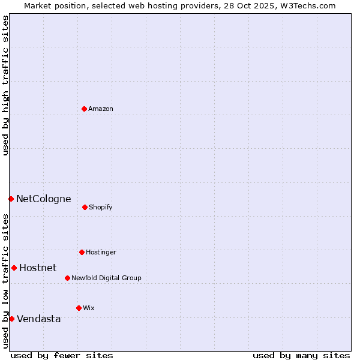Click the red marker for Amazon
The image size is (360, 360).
[x=85, y=109]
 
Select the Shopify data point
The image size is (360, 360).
[x=85, y=207]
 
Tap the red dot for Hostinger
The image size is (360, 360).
[x=82, y=252]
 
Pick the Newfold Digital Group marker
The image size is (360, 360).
[x=67, y=278]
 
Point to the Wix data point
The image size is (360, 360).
[x=79, y=308]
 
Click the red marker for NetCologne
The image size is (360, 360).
[x=11, y=199]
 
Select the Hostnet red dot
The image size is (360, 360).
[x=14, y=268]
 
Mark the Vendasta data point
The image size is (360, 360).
[x=11, y=319]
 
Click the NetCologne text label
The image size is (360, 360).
[x=43, y=199]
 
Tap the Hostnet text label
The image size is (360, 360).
[x=38, y=268]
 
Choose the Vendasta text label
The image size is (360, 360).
[x=38, y=319]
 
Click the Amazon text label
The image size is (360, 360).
[x=101, y=109]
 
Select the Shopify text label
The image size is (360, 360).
[x=101, y=208]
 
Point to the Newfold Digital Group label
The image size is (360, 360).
[x=106, y=278]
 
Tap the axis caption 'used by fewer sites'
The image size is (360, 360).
[x=62, y=355]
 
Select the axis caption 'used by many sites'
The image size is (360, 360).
[x=301, y=355]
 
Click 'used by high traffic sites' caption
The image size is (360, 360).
[x=5, y=85]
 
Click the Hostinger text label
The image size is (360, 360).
[x=101, y=253]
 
